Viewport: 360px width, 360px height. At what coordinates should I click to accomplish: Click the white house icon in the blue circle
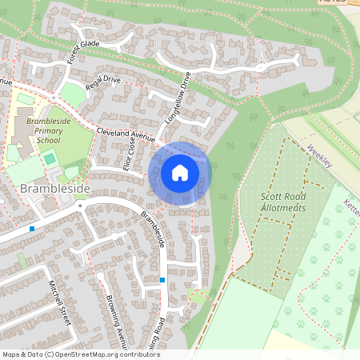[180, 173]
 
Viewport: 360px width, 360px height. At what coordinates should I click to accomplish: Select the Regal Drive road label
[103, 89]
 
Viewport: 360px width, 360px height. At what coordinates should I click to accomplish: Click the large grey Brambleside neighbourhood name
[55, 188]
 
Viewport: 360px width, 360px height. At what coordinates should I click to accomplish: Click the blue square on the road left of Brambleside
[31, 229]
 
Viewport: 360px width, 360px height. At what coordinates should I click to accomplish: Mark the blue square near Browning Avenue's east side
[162, 280]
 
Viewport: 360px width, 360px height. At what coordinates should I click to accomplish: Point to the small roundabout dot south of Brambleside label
[80, 205]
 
